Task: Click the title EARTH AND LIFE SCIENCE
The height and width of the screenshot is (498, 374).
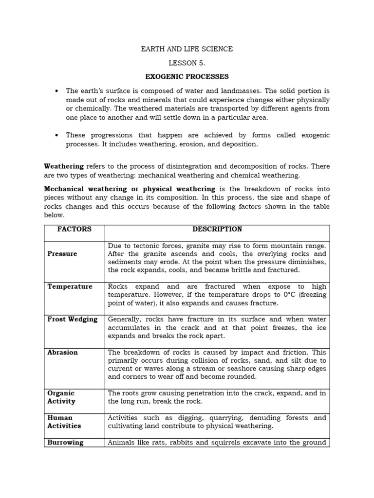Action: pos(187,49)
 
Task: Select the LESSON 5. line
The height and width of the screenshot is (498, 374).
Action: pos(187,63)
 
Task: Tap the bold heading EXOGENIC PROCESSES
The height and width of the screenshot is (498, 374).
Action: pos(187,77)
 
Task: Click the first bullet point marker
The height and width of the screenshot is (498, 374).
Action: pos(57,91)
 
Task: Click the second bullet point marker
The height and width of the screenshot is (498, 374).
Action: pos(57,135)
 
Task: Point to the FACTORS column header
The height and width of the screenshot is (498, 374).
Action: pos(74,230)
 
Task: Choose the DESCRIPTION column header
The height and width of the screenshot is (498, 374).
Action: pos(217,230)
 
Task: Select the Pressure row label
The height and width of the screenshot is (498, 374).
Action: pos(62,254)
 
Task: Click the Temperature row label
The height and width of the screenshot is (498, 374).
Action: pos(70,286)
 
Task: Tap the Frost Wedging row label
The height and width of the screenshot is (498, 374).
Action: pos(72,320)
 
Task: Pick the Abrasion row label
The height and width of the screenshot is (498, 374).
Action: pos(62,353)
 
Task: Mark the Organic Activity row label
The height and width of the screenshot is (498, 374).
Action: pos(61,397)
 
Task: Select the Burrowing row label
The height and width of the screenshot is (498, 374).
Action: pos(65,443)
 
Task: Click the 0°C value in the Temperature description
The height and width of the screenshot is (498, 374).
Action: pos(277,295)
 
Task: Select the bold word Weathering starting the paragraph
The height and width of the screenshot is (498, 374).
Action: pos(64,166)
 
